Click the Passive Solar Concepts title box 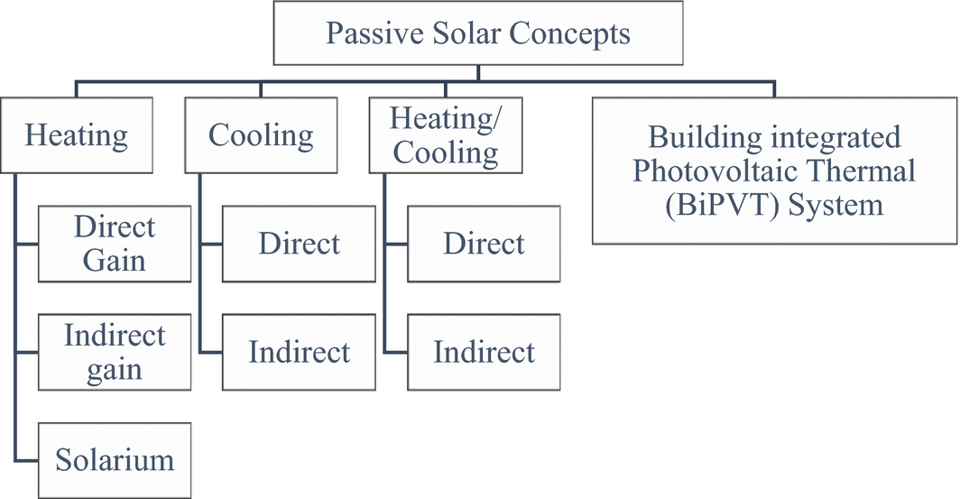[x=477, y=34]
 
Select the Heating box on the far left [x=77, y=135]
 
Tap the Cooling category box [x=261, y=135]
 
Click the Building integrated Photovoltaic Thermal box [x=774, y=171]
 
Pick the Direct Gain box [x=115, y=243]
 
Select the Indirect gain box [x=115, y=351]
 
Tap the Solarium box [x=115, y=459]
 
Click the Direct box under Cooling [x=299, y=243]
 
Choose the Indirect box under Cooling [x=299, y=351]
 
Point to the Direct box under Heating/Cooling [x=484, y=243]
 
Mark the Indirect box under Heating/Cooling [x=484, y=351]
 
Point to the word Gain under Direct [x=115, y=260]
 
